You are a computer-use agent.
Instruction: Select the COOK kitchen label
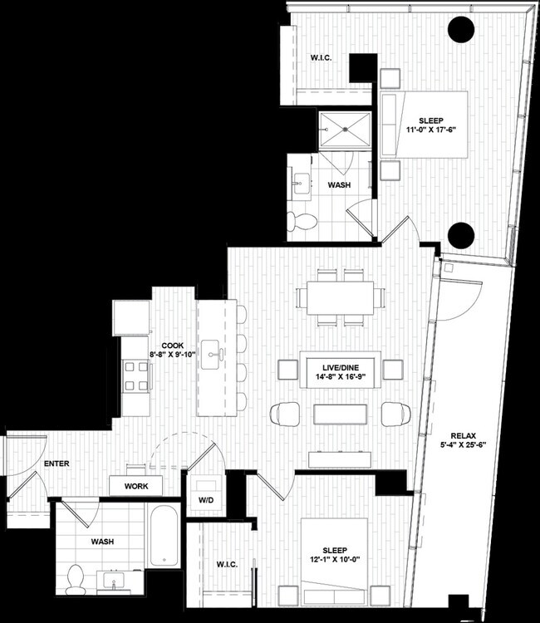point(172,345)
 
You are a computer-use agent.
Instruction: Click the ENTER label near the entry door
point(34,463)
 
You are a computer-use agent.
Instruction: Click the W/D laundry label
point(204,500)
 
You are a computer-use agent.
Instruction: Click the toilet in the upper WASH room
point(302,221)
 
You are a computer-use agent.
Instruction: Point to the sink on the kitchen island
point(214,352)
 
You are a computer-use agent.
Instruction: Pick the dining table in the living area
point(341,297)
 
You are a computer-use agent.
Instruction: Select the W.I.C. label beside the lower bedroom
point(226,565)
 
